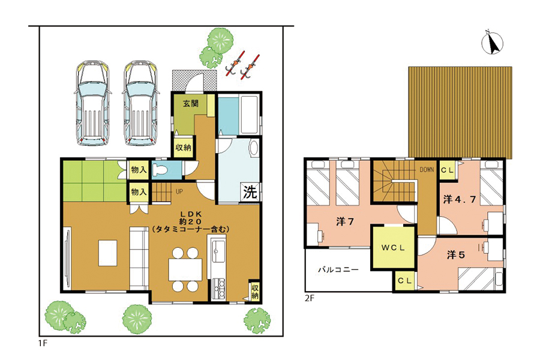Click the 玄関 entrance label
point(190,103)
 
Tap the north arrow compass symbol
point(492,43)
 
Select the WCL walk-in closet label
point(393,248)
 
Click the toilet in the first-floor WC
point(160,170)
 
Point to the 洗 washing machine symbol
point(250,191)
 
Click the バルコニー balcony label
point(338,269)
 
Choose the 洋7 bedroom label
point(345,221)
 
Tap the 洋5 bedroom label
point(455,254)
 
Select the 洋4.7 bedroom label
point(459,199)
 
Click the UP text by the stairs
point(179,191)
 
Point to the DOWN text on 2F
point(427,170)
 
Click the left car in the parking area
point(92,104)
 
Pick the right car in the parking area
point(140,104)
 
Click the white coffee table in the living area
point(108,253)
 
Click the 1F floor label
point(43,343)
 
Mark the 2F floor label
point(309,298)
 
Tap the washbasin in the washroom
point(254,148)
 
